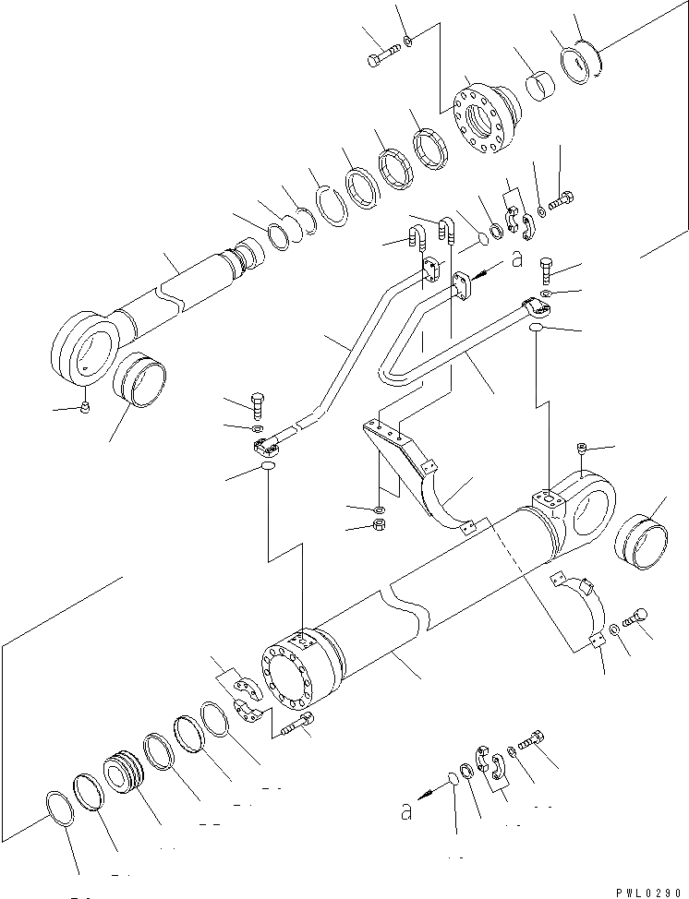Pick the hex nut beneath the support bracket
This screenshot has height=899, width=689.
click(x=379, y=527)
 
